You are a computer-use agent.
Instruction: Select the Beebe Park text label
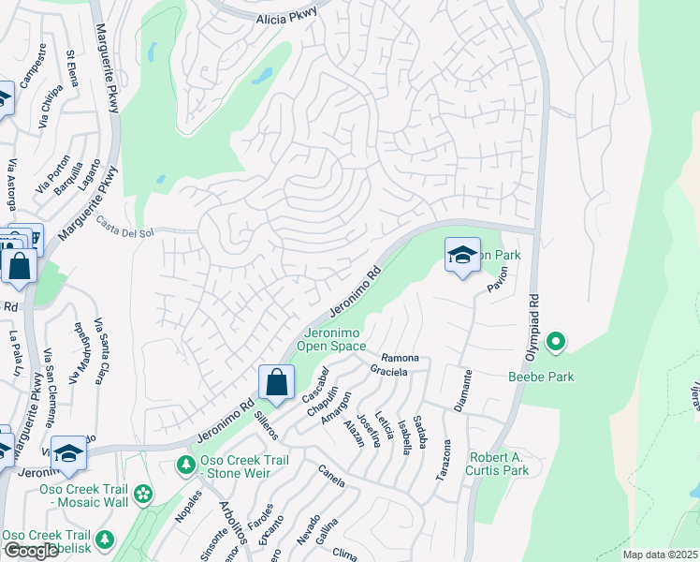tap(541, 377)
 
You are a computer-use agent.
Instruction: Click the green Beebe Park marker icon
tap(556, 343)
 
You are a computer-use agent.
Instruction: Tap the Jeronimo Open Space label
tap(331, 339)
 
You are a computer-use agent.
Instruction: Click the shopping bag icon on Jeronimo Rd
tap(276, 382)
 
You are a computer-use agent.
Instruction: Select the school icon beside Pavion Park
tap(462, 255)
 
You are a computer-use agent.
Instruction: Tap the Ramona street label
tap(400, 359)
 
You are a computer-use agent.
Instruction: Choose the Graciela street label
tap(389, 372)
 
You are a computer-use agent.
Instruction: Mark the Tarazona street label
tap(445, 460)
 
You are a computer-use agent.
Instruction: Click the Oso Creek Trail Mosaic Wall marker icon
tap(143, 494)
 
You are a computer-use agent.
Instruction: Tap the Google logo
tap(31, 551)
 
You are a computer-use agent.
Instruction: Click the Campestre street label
tap(35, 65)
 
